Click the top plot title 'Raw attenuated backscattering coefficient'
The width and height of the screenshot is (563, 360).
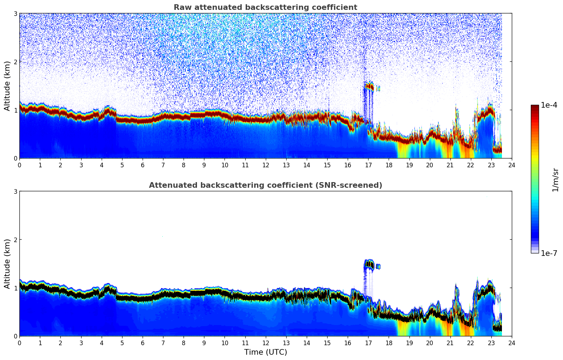[265, 7]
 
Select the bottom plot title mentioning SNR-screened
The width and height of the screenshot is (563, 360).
[265, 185]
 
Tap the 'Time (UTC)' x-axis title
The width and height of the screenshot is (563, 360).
[265, 352]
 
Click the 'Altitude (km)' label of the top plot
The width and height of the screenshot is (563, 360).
[7, 86]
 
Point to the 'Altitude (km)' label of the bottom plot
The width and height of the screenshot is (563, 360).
[7, 264]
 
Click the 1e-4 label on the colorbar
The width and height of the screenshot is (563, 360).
[549, 105]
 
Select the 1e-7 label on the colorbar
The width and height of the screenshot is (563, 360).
[549, 253]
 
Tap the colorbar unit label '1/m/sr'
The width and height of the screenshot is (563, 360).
[555, 180]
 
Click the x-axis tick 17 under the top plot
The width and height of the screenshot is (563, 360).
[368, 165]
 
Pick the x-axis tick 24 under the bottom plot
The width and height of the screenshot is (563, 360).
[512, 343]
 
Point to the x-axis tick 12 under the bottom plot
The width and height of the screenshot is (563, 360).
[265, 343]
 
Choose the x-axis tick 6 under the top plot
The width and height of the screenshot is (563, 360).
[143, 165]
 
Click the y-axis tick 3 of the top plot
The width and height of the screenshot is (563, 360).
[15, 13]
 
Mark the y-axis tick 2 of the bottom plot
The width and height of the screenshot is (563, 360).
[15, 240]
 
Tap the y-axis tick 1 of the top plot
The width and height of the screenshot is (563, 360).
[15, 110]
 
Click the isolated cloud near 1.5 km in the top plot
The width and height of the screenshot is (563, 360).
[370, 86]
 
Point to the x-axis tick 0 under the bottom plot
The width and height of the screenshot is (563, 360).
[19, 343]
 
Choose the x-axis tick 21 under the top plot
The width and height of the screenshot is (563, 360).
[450, 165]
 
